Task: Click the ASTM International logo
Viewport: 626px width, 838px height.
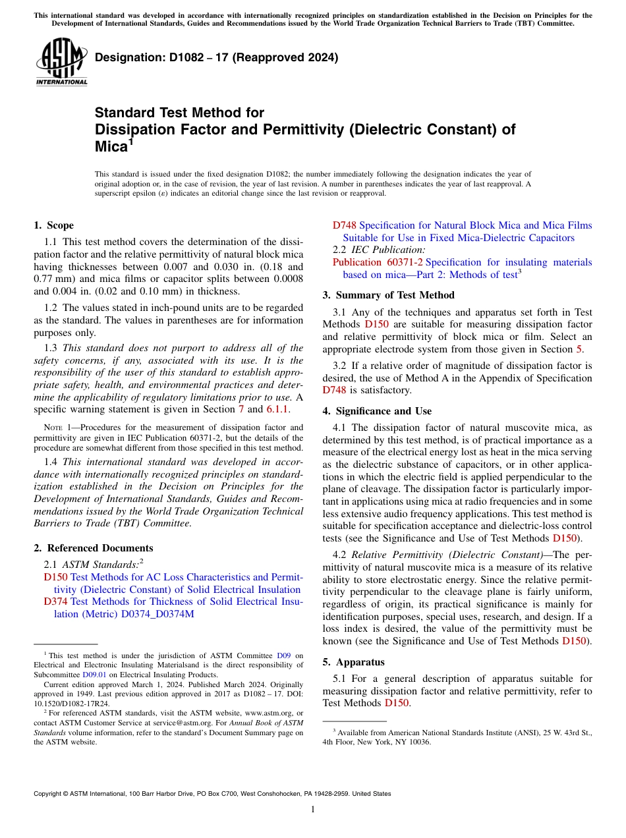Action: click(x=61, y=62)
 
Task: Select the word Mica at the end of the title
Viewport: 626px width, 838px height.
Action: click(x=111, y=146)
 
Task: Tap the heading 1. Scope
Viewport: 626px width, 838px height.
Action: click(x=53, y=225)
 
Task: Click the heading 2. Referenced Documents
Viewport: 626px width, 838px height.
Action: click(x=93, y=548)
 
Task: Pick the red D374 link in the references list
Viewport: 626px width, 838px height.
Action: click(x=55, y=601)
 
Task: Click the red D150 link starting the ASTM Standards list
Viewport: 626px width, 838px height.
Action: click(x=55, y=577)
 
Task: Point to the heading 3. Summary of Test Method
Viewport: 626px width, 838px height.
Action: click(x=388, y=295)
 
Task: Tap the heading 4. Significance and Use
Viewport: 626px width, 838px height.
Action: click(x=377, y=411)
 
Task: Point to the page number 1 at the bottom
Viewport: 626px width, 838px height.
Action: click(x=312, y=810)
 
